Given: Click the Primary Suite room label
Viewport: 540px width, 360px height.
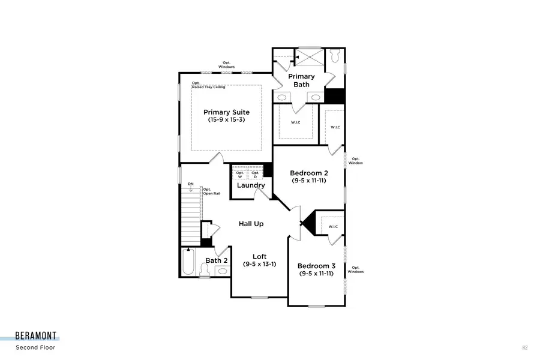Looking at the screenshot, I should (x=226, y=112).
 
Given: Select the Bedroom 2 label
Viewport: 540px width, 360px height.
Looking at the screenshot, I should (x=308, y=171).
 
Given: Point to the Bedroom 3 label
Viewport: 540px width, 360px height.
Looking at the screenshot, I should (x=316, y=266).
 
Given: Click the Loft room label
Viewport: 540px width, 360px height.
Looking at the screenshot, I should (x=259, y=256).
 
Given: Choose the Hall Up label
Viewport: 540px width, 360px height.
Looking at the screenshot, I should (x=251, y=224).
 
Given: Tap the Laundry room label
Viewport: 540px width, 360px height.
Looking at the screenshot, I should (x=251, y=185).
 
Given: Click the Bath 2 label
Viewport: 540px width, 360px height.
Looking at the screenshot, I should (x=217, y=260).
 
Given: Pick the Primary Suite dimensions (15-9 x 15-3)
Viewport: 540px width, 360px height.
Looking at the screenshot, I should (x=226, y=120).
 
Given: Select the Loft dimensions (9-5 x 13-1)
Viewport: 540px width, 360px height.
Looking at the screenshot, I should (x=259, y=264).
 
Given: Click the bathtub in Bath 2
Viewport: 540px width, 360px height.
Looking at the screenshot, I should (x=188, y=262).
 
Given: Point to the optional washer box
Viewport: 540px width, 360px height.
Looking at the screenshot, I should (x=240, y=175).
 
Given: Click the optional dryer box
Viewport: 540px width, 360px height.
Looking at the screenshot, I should (x=255, y=175).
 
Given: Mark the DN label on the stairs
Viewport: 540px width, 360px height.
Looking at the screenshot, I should (x=190, y=184).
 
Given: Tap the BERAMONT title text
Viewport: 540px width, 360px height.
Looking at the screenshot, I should (x=37, y=337).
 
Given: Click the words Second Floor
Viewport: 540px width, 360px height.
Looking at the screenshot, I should (x=35, y=347).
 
